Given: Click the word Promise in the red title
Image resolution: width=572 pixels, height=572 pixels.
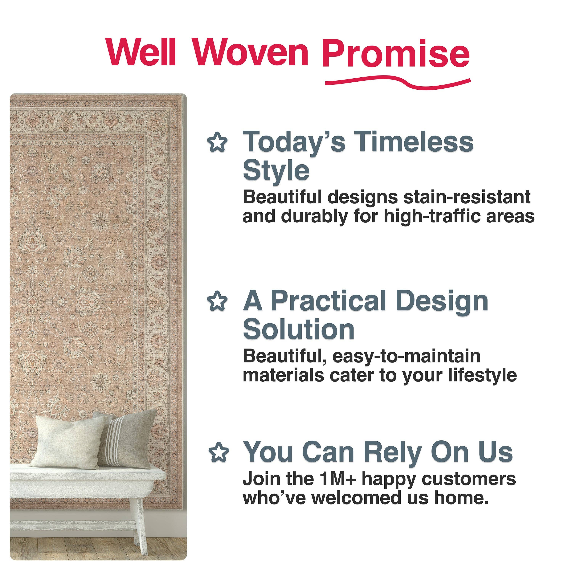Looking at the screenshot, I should (x=396, y=53).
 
